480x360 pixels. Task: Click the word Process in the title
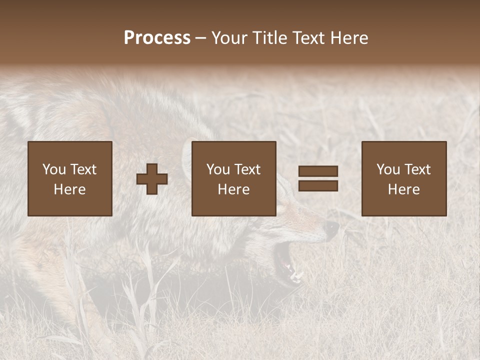pos(157,38)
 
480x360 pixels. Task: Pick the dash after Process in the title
pos(200,38)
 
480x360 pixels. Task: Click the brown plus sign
pos(152,179)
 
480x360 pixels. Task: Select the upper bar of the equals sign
pos(318,171)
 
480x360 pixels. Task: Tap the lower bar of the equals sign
pos(318,185)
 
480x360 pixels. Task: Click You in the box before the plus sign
pos(54,169)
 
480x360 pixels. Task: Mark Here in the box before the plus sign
pos(69,189)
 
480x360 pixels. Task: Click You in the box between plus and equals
pos(218,169)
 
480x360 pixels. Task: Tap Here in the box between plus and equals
pos(233,189)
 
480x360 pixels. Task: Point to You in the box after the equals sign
pos(388,169)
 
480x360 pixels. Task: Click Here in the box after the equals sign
pos(403,189)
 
